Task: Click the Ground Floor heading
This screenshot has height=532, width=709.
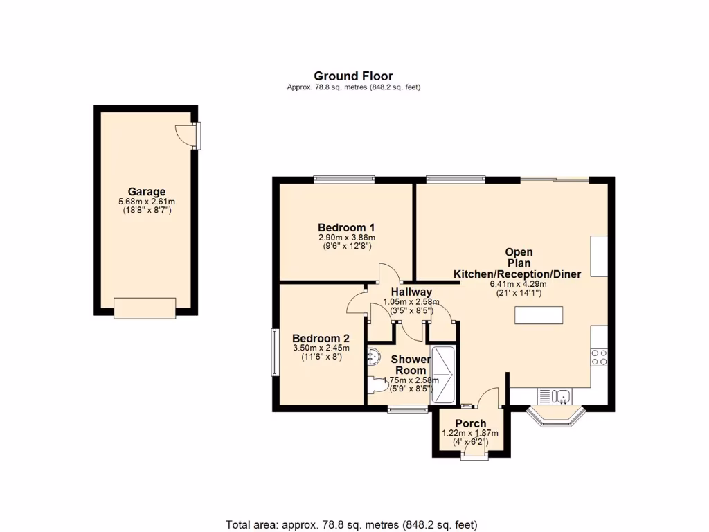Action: [x=353, y=76]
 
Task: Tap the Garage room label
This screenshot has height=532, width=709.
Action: [x=146, y=192]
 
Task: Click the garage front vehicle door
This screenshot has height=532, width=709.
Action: [x=145, y=308]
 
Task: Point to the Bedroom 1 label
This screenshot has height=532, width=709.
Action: [x=346, y=227]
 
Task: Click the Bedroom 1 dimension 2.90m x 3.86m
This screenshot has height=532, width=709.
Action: [x=346, y=238]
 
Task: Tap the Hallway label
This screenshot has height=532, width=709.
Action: [x=411, y=292]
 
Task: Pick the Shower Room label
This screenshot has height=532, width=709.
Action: [x=411, y=365]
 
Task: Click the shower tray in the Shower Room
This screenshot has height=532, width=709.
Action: [x=443, y=375]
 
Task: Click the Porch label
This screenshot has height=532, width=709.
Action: [x=470, y=423]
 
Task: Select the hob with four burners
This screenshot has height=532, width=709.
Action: [x=600, y=357]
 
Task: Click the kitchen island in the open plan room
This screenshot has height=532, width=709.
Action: [x=539, y=316]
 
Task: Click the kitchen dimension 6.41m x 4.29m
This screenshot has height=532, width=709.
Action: [x=519, y=284]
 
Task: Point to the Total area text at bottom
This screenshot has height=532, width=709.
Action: [x=352, y=524]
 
